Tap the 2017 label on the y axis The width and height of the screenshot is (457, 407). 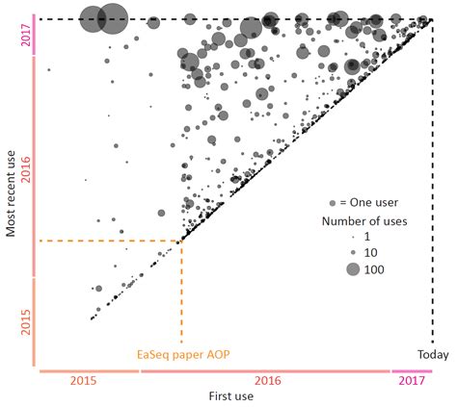point(26,38)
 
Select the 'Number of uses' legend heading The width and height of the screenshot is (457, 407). point(364,221)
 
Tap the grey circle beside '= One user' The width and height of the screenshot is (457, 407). point(333,204)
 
